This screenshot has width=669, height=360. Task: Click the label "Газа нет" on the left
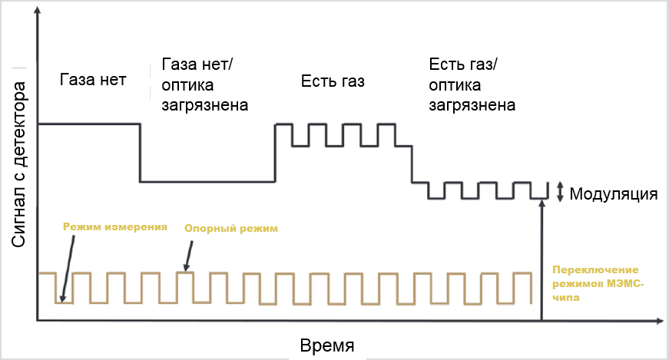(92, 81)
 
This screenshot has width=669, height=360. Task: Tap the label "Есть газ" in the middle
(332, 81)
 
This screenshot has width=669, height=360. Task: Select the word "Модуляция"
(614, 193)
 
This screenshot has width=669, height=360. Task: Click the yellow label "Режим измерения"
(115, 226)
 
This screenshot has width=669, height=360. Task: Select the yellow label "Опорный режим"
(230, 229)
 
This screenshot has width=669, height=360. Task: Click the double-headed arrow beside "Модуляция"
(560, 191)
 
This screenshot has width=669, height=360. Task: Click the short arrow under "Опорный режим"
(187, 253)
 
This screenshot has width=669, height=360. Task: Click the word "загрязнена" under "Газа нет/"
(205, 104)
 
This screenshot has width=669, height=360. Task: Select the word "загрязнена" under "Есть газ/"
(472, 104)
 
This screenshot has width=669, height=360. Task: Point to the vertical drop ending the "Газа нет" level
(140, 152)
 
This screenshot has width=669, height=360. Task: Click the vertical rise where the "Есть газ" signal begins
(276, 152)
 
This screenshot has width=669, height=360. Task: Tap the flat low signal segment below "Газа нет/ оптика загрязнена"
(207, 182)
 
